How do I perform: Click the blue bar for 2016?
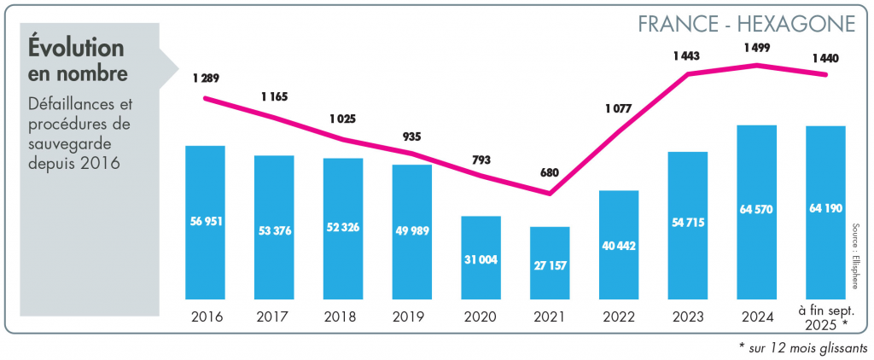click(206, 222)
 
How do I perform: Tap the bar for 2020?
click(481, 257)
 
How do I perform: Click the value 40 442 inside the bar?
click(619, 245)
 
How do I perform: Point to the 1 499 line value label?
click(756, 48)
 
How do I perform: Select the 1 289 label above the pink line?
click(206, 78)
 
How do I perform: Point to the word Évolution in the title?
click(76, 49)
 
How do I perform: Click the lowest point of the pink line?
click(550, 194)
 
